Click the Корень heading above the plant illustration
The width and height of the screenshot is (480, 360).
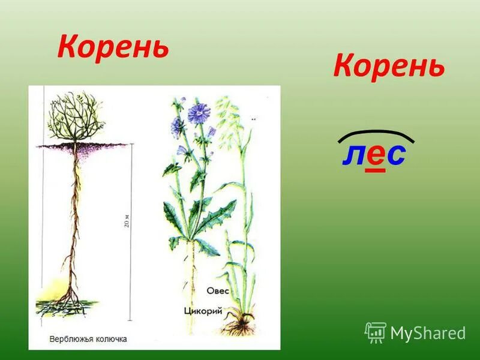pyautogui.click(x=113, y=47)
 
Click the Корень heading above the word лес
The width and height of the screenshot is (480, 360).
pyautogui.click(x=389, y=65)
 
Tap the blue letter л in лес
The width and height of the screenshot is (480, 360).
pyautogui.click(x=353, y=155)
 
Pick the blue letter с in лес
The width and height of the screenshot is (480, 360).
pyautogui.click(x=395, y=155)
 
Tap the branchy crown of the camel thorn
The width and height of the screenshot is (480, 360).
pyautogui.click(x=74, y=117)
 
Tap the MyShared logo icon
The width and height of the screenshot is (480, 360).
pyautogui.click(x=376, y=332)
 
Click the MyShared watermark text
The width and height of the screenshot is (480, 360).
pyautogui.click(x=428, y=333)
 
